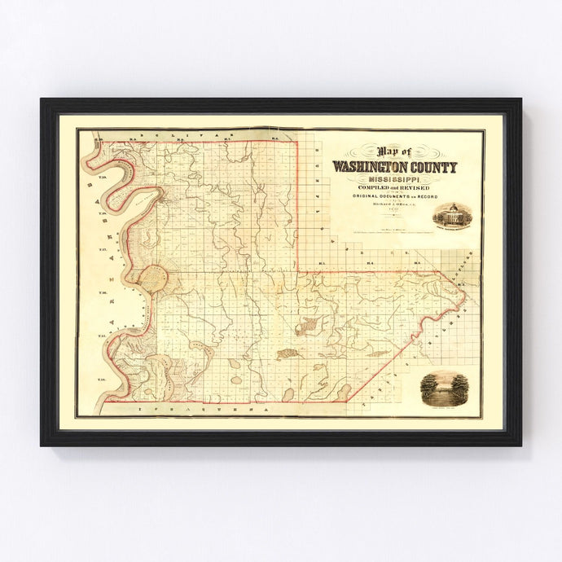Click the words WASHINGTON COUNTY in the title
pos(394,167)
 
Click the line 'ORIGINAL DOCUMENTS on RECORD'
pos(394,196)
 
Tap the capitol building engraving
pos(449,216)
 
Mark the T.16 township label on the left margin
pos(103,292)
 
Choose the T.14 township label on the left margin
pos(103,380)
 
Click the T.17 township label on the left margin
pos(103,250)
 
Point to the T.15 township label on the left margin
pos(103,336)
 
